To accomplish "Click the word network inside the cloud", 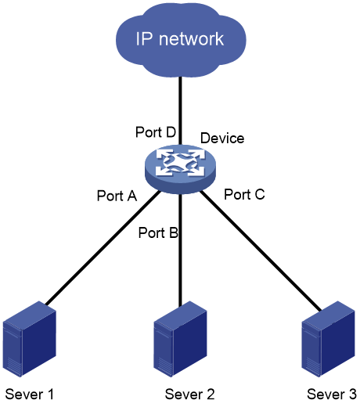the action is click(191, 39).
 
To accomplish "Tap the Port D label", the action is click(156, 132).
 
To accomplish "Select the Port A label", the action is click(117, 196).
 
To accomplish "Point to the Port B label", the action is click(158, 232).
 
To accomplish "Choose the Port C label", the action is click(244, 194).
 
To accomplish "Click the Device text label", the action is click(222, 138).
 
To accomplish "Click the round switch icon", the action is click(180, 169).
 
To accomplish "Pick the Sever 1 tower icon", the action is click(30, 339).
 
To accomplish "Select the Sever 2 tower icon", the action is click(180, 339).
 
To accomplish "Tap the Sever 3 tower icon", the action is click(328, 339).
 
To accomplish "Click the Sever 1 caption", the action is click(30, 394).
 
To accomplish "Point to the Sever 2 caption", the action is click(190, 394).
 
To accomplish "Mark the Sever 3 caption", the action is click(332, 394).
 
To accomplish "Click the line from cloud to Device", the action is click(180, 110).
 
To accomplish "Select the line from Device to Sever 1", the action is click(103, 247).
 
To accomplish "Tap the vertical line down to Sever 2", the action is click(180, 250).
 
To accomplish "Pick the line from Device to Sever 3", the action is click(261, 250).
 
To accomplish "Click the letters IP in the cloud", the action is click(144, 39).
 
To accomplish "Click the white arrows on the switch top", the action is click(180, 163).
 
